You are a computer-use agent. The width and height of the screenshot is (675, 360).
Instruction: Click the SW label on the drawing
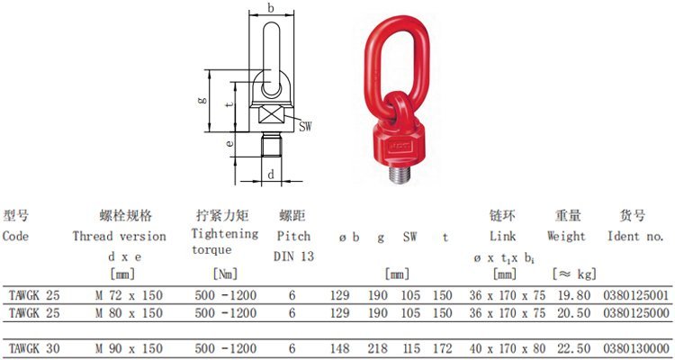point(305,127)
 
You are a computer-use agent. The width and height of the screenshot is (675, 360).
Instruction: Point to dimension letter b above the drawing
point(271,7)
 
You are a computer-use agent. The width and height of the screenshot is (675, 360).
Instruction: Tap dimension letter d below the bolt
point(271,175)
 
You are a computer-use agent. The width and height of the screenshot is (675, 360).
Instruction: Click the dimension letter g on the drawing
point(202,100)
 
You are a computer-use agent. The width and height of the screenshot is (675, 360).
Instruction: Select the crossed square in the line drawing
point(271,116)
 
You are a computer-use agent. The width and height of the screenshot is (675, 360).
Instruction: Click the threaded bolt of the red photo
point(400,173)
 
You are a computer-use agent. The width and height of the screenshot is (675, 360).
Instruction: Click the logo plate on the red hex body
point(400,147)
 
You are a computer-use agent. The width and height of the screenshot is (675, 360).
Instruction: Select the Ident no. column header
point(635,237)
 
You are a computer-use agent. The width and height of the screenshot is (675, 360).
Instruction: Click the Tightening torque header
point(224,241)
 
